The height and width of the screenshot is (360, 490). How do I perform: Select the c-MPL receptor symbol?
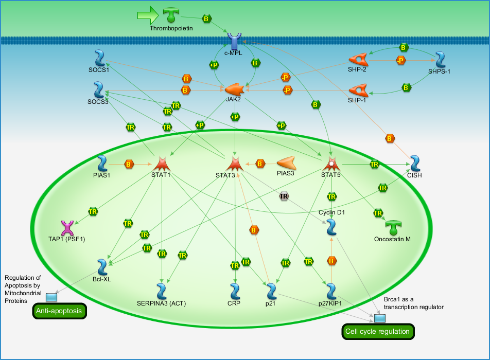[234, 42]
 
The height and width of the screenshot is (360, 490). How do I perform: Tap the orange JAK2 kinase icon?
[234, 89]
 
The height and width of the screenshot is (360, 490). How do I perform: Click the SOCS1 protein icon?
[100, 59]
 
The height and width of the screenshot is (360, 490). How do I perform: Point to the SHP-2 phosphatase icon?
[358, 60]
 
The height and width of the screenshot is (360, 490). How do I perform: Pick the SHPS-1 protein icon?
[440, 60]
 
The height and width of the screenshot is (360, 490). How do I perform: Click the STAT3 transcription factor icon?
[235, 164]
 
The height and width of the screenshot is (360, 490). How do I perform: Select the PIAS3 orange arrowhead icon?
[286, 163]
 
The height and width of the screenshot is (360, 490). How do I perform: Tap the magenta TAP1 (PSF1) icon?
[67, 228]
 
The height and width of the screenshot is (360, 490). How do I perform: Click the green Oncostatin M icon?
[393, 228]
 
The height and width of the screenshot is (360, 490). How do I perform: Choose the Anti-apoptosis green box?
[59, 311]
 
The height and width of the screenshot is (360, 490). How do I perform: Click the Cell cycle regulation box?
[378, 332]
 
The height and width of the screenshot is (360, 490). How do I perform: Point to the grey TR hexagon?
[284, 196]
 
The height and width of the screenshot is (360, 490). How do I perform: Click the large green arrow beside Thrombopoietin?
[148, 15]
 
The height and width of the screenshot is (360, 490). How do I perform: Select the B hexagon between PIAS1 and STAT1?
[129, 164]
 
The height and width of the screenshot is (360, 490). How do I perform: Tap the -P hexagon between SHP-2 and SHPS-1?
[400, 60]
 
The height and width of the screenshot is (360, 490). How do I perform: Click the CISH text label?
[414, 175]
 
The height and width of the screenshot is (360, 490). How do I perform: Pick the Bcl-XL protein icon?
[102, 267]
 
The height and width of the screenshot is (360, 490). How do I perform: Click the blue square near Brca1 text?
[380, 318]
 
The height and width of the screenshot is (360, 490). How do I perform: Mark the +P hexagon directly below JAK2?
[235, 117]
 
